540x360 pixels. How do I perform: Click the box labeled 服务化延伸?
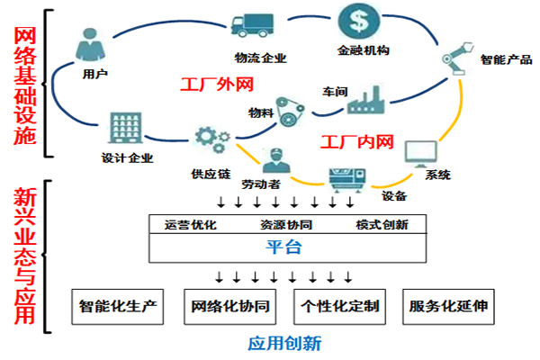[x=447, y=306]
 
